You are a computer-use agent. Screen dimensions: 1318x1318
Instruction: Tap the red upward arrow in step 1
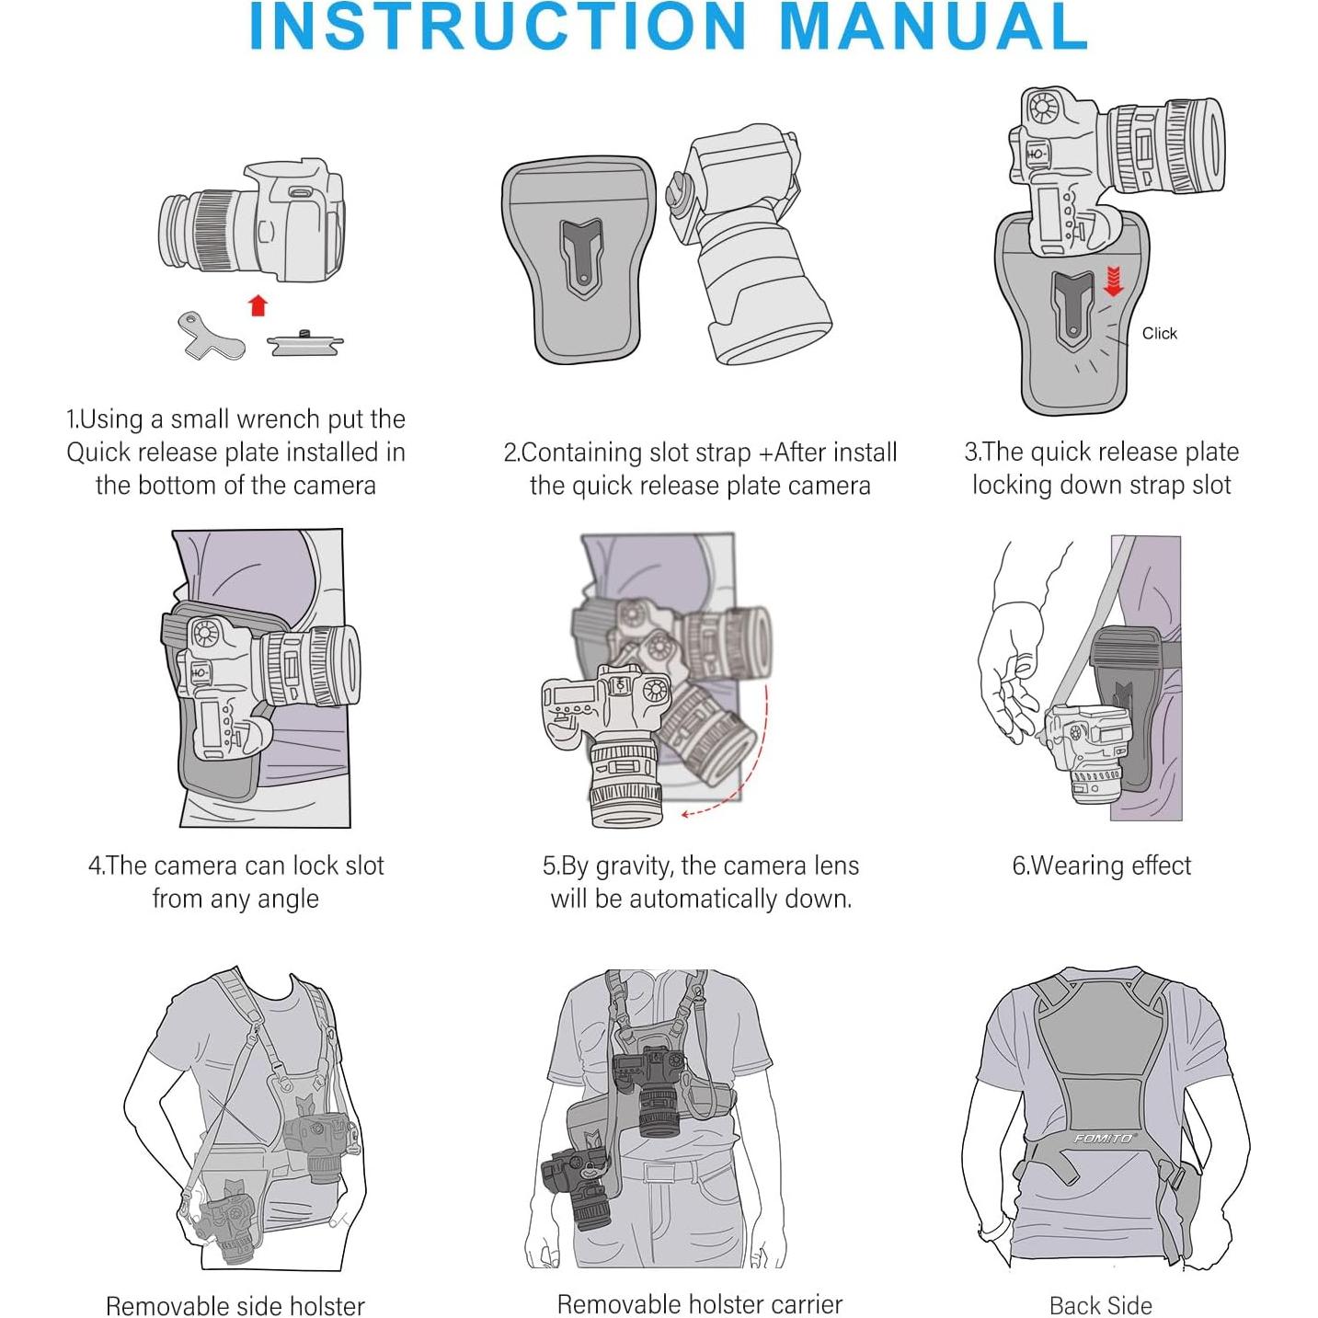258,305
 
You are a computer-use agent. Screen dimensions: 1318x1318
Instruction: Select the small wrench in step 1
210,336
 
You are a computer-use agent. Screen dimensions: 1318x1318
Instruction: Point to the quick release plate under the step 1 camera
305,344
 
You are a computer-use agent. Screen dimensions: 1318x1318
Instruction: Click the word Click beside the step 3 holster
1159,333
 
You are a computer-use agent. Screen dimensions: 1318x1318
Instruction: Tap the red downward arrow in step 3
1113,281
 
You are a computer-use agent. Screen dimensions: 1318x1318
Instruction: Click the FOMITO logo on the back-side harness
1103,1139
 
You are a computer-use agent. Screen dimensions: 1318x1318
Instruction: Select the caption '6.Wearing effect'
1101,865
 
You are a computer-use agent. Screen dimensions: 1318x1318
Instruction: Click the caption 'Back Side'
1100,1305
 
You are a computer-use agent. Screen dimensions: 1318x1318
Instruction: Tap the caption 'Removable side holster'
235,1305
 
